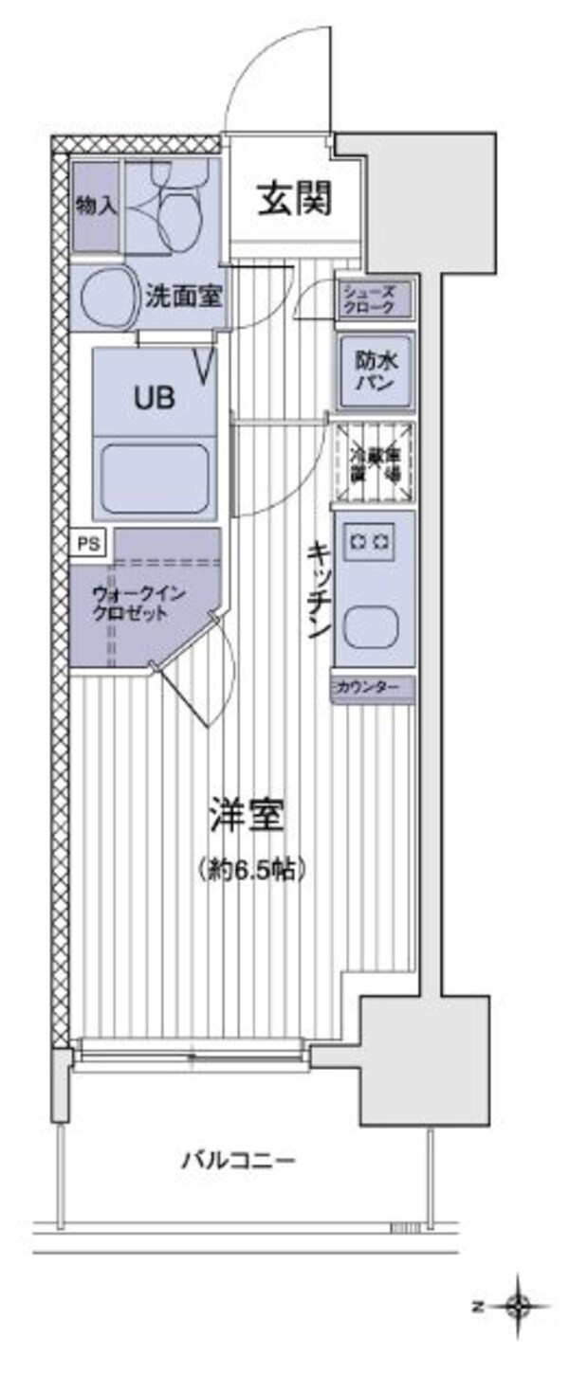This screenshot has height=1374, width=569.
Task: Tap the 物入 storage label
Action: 96,207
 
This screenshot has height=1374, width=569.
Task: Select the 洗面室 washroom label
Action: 184,297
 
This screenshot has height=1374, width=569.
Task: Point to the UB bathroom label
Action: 154,398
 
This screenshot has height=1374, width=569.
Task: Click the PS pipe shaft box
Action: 87,544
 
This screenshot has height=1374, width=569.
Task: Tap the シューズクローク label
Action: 374,300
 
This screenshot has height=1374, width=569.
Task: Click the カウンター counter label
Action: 373,686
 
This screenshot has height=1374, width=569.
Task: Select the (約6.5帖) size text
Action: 250,868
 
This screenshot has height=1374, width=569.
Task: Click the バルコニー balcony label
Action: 239,1159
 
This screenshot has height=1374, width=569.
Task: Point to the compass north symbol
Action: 517,1308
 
